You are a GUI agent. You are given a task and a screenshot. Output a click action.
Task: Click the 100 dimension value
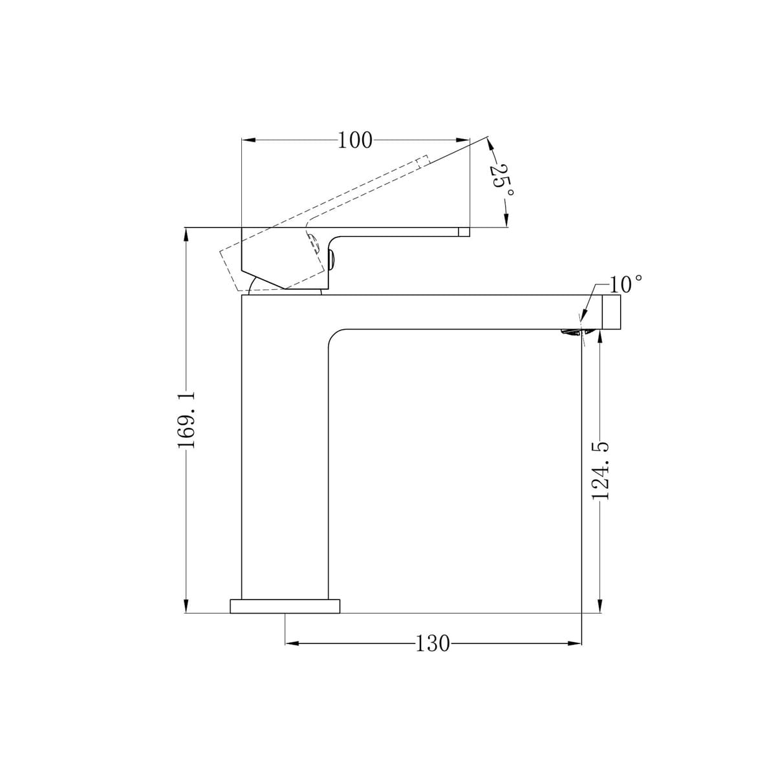click(x=355, y=140)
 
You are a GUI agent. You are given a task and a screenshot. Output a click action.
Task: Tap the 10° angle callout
click(x=625, y=285)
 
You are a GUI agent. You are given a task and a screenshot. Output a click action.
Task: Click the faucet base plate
click(x=285, y=618)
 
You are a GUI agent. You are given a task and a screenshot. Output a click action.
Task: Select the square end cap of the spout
click(x=611, y=312)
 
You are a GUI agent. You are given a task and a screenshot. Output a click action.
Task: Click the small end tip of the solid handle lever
click(x=464, y=232)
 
